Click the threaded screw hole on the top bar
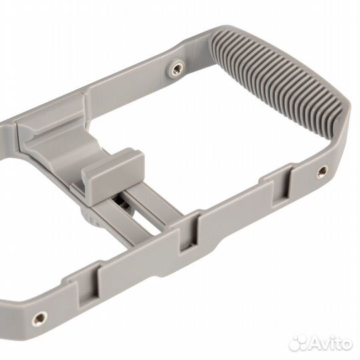pos(177,68)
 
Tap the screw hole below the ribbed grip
pos(323,171)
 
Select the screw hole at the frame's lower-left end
pos(40,318)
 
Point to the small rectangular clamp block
pos(113,176)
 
